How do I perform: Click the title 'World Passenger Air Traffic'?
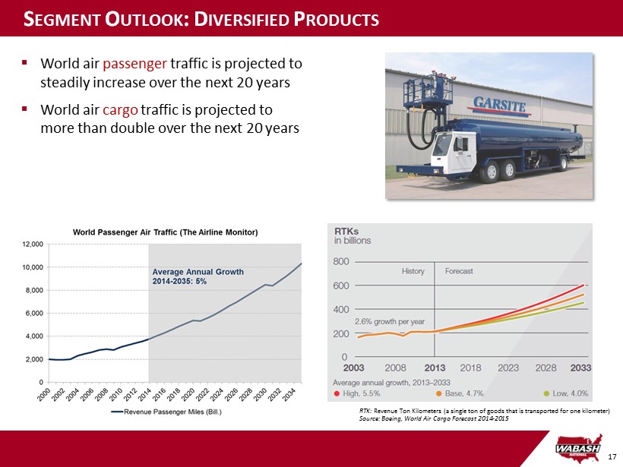pyautogui.click(x=166, y=232)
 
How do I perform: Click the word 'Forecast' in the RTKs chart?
pyautogui.click(x=458, y=271)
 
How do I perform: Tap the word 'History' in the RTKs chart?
pyautogui.click(x=413, y=271)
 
